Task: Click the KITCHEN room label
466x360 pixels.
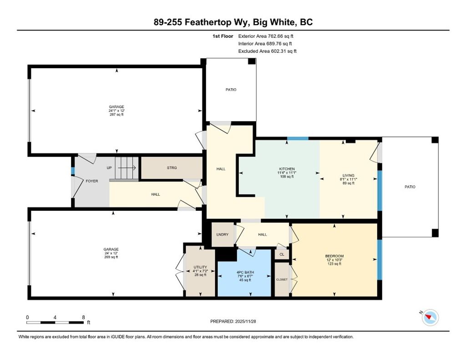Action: point(287,169)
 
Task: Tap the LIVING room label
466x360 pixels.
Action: point(349,175)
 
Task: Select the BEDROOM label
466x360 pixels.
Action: point(334,256)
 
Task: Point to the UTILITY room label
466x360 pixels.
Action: point(200,267)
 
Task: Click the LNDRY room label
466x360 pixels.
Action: point(223,234)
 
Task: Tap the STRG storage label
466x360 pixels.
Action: point(172,168)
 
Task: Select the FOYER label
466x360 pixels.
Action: point(92,181)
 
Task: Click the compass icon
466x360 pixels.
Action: point(430,317)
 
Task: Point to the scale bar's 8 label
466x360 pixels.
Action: point(83,317)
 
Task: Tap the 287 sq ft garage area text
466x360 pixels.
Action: point(116,115)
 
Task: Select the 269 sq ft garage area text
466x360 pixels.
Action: point(111,257)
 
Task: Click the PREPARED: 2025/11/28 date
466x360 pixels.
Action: point(236,321)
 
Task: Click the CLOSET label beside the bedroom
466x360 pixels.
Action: point(282,279)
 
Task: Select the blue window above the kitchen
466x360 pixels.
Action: point(298,138)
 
